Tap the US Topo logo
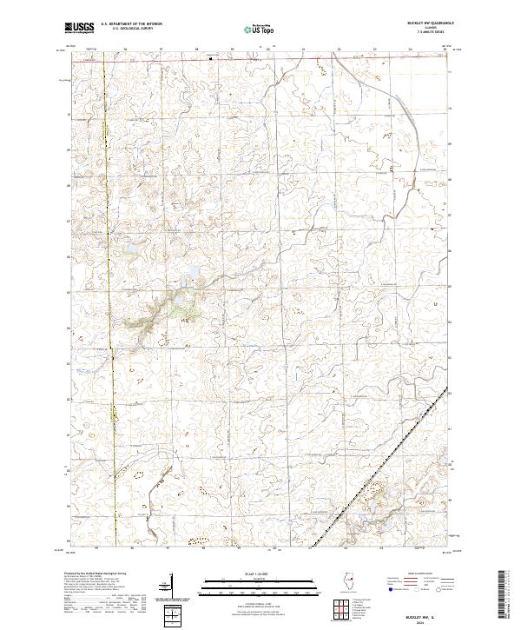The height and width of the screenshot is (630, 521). point(259,29)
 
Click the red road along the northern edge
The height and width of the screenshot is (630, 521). point(260,61)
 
